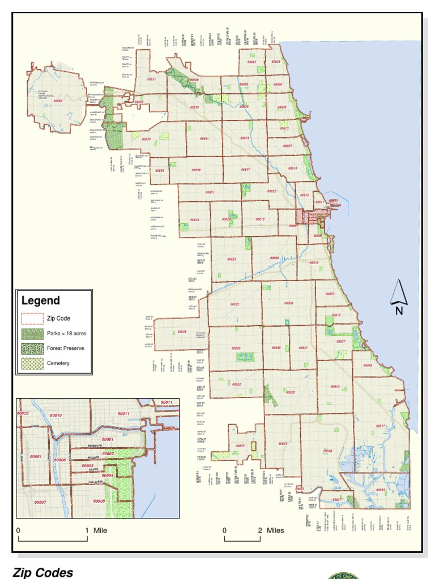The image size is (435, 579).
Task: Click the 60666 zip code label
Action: click(x=58, y=102)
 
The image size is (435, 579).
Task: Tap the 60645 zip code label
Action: click(x=252, y=62)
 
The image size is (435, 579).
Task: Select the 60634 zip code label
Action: click(x=146, y=139)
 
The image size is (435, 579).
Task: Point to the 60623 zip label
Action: click(x=232, y=259)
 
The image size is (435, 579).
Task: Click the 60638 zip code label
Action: click(x=182, y=332)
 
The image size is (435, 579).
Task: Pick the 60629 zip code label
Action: click(x=236, y=348)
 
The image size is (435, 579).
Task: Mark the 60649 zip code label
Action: click(x=368, y=366)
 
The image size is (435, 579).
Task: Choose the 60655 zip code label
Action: click(x=240, y=446)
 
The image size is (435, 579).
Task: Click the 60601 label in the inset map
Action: click(x=108, y=439)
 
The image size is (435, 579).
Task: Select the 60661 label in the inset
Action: click(x=36, y=456)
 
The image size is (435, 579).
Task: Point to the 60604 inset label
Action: click(x=108, y=476)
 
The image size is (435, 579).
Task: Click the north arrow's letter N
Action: click(x=399, y=310)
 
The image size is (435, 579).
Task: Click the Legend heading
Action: click(x=40, y=301)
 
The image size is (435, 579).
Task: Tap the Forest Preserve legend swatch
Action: click(x=32, y=348)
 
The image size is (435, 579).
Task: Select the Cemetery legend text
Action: click(x=58, y=363)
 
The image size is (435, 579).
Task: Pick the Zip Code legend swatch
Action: click(x=32, y=318)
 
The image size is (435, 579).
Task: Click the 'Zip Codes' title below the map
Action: click(x=43, y=572)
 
